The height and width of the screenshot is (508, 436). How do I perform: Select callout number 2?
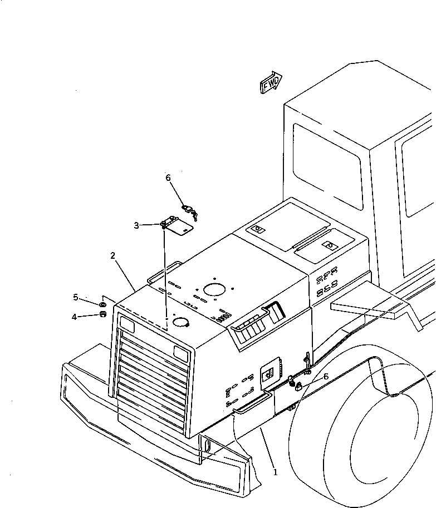[113, 255]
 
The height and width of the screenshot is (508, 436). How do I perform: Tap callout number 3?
[136, 225]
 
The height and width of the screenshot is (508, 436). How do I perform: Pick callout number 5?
[76, 297]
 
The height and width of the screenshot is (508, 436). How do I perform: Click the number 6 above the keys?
[168, 178]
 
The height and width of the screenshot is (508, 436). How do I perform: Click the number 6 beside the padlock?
[326, 376]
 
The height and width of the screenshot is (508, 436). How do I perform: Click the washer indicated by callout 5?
[103, 305]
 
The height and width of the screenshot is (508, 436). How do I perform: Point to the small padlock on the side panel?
[298, 385]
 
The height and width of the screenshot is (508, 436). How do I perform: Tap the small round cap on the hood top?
[180, 322]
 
